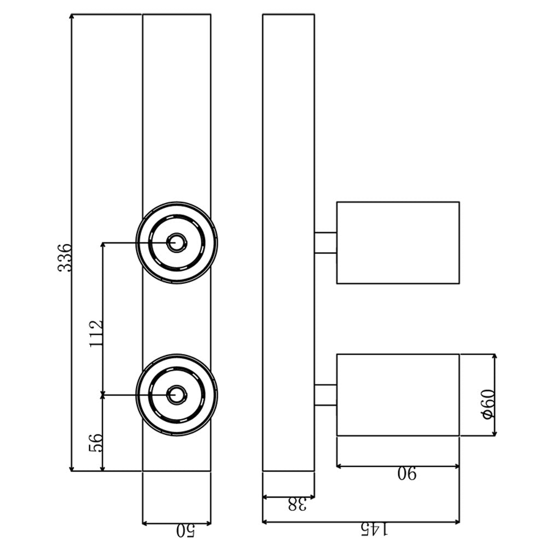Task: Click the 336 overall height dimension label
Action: click(65, 258)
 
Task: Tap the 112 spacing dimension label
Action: click(96, 334)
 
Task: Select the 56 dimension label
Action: click(96, 443)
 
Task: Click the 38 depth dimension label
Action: click(297, 504)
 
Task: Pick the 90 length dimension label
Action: click(407, 473)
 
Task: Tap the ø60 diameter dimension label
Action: click(488, 404)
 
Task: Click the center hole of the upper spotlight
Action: click(177, 242)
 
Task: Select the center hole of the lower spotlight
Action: click(177, 395)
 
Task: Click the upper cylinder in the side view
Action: click(398, 242)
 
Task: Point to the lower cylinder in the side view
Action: click(398, 395)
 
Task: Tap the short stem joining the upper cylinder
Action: click(325, 242)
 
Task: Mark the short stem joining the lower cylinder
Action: click(325, 395)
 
